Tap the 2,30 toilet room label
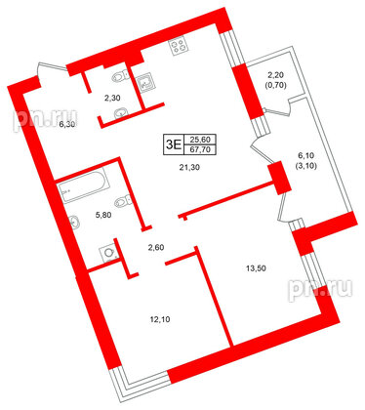click(x=113, y=97)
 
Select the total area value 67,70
click(x=200, y=151)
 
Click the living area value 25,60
click(x=200, y=142)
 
